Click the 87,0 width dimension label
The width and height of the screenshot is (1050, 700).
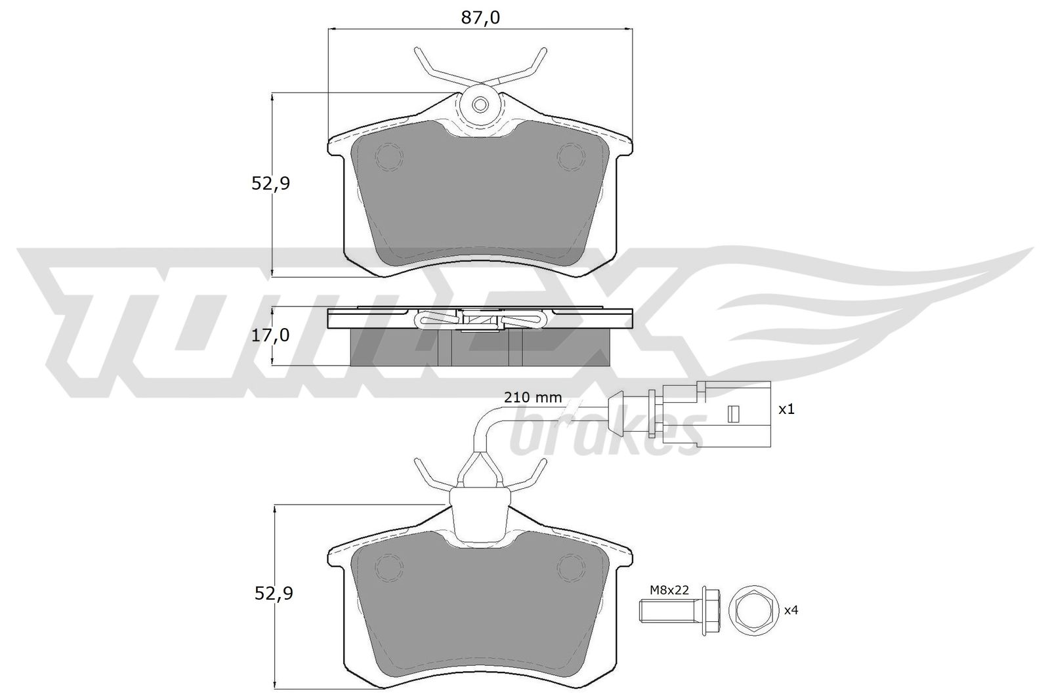coord(480,18)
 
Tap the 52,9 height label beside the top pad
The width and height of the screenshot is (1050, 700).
coord(271,183)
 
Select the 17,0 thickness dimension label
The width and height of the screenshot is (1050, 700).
coord(270,335)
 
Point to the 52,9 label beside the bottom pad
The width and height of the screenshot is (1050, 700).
coord(274,594)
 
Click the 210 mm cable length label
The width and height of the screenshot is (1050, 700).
coord(532,398)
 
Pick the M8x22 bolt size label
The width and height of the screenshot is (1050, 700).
coord(669,590)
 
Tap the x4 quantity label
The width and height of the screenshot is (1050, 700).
coord(791,611)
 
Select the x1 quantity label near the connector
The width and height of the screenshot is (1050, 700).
coord(786,409)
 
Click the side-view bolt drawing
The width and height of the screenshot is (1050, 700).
coord(680,611)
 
